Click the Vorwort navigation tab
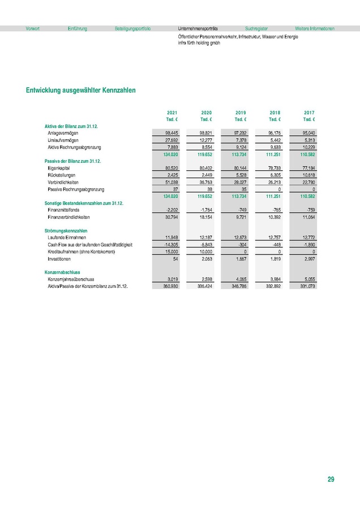[x=33, y=28]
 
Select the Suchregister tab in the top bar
[x=256, y=28]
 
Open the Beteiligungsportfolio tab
[x=132, y=28]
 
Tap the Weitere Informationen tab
[x=315, y=28]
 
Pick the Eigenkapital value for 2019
[x=240, y=168]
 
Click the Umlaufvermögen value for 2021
[x=171, y=140]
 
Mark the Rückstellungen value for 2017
[x=308, y=175]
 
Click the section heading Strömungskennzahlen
[x=66, y=231]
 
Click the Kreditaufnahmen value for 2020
[x=205, y=251]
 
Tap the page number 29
[x=331, y=480]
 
